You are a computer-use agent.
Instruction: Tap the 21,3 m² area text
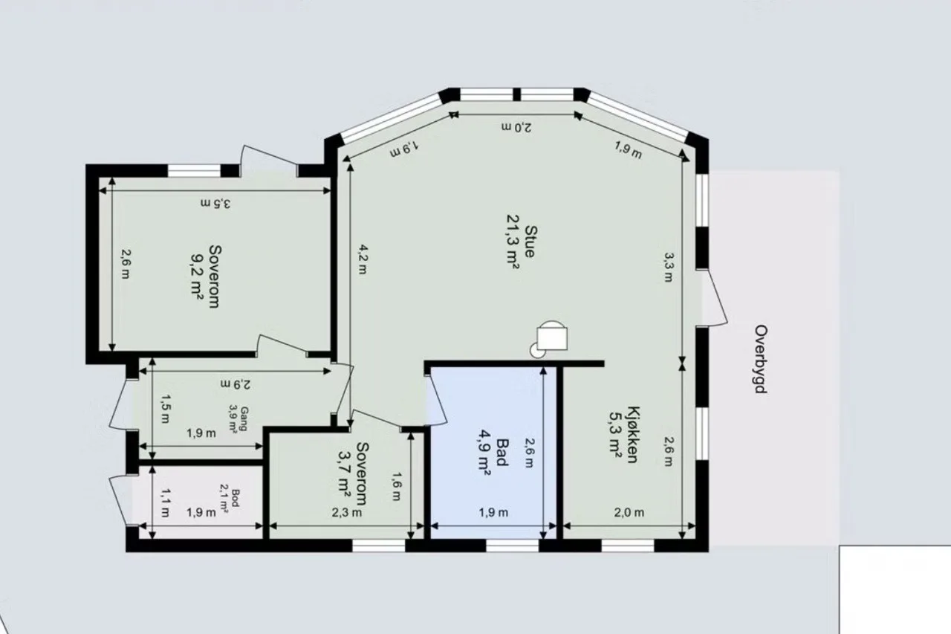[513, 242]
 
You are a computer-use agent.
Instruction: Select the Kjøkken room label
[633, 434]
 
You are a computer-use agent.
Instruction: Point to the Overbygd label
[761, 359]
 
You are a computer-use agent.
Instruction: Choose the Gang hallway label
[244, 418]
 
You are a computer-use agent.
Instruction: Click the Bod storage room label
[236, 498]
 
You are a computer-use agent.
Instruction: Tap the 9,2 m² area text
[197, 276]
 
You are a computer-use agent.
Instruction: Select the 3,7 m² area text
[344, 474]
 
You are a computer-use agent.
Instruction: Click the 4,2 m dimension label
[363, 259]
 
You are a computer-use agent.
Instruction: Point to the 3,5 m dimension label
[215, 204]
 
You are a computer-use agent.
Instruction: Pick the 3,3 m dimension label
[669, 267]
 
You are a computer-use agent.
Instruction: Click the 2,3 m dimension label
[346, 513]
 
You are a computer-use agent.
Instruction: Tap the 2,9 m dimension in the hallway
[236, 384]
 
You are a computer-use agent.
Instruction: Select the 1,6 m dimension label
[396, 487]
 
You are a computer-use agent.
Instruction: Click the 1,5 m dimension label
[165, 409]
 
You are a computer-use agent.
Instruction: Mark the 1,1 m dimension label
[165, 502]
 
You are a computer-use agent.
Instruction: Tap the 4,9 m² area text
[484, 453]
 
